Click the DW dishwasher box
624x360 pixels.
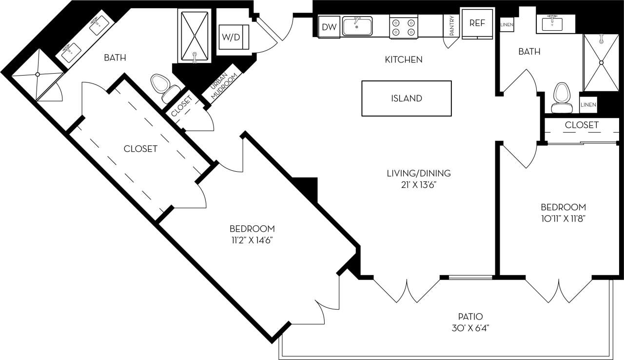click(x=330, y=27)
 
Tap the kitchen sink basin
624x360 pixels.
click(x=357, y=26)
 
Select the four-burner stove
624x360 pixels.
click(x=404, y=27)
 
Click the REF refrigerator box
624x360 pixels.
click(x=476, y=23)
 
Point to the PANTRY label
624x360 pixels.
click(x=451, y=26)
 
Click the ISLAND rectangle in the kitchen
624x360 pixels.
click(x=406, y=99)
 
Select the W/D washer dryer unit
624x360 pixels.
click(x=232, y=37)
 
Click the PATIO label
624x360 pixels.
click(x=470, y=316)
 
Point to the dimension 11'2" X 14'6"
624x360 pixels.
click(x=252, y=240)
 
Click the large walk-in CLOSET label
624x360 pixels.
click(x=140, y=148)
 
